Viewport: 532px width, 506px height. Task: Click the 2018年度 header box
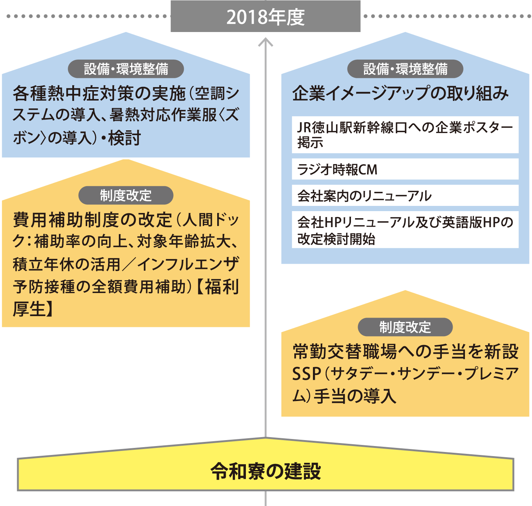[x=265, y=16]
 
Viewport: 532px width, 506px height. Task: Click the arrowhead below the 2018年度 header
[x=266, y=42]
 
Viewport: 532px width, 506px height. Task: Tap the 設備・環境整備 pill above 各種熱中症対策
[x=126, y=69]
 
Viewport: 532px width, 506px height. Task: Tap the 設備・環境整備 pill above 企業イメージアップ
[x=405, y=69]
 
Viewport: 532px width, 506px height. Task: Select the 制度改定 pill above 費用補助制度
[x=126, y=195]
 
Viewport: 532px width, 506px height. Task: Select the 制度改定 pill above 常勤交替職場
[x=405, y=327]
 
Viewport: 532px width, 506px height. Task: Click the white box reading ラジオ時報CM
[x=405, y=169]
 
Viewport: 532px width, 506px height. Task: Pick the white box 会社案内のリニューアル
[x=405, y=195]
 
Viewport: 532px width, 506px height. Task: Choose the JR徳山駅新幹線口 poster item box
[x=405, y=135]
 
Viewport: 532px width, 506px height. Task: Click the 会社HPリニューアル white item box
[x=405, y=230]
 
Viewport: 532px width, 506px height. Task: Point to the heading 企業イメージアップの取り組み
[x=400, y=93]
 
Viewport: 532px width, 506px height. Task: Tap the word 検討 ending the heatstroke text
[x=124, y=138]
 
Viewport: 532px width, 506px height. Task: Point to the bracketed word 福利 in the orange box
[x=222, y=287]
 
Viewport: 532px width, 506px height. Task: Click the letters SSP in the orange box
[x=307, y=374]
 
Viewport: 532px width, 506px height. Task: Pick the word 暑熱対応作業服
[x=163, y=115]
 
